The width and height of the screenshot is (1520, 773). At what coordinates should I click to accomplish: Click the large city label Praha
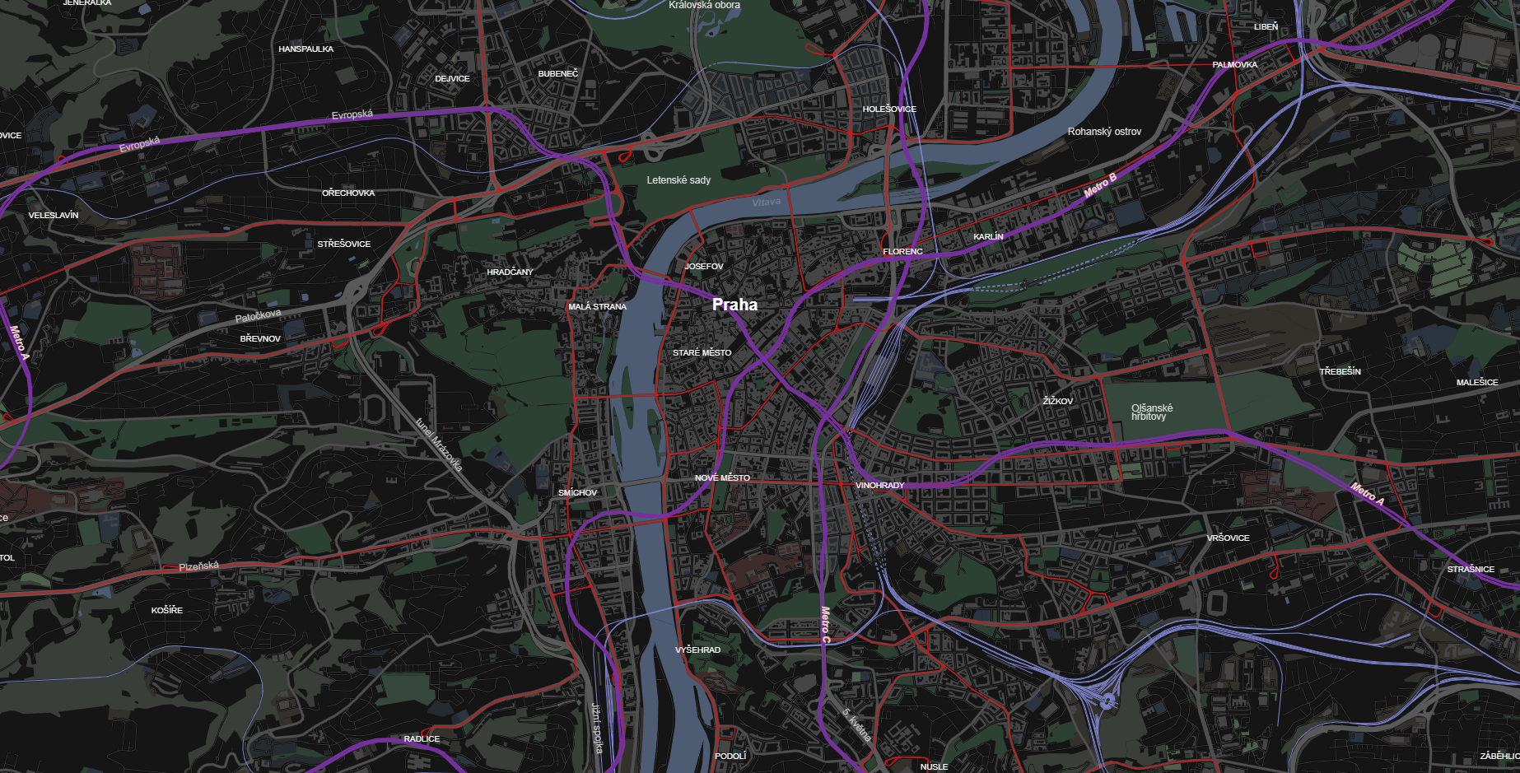pos(734,305)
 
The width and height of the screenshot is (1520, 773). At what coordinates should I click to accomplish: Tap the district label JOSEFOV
pos(704,267)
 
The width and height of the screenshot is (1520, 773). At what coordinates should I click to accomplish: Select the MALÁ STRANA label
pos(597,307)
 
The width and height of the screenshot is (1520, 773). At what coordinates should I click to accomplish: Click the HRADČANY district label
pos(510,272)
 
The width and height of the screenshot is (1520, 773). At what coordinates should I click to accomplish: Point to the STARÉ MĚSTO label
pos(702,353)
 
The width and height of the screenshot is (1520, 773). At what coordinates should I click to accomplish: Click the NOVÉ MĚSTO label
pos(722,478)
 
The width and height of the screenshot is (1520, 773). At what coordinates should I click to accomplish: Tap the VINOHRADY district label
pos(879,486)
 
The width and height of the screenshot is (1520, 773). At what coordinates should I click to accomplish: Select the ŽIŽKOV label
pos(1057,402)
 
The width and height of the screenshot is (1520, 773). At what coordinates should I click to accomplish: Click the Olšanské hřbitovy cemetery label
pos(1151,412)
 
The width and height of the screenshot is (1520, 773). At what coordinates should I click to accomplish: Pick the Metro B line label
pos(1100,185)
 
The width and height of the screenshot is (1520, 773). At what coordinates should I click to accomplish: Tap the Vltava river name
pos(766,203)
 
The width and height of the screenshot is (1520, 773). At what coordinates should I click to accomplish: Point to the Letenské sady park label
pos(678,180)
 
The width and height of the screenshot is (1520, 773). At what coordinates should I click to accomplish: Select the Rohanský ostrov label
pos(1104,132)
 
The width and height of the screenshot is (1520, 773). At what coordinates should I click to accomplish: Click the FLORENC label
pos(902,252)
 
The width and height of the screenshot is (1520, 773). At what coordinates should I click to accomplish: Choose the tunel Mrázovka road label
pos(438,445)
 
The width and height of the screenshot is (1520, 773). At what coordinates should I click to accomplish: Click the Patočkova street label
pos(258,316)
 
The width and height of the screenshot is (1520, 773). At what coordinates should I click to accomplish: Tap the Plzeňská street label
pos(199,566)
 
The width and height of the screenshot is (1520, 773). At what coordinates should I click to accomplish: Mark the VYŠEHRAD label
pos(697,650)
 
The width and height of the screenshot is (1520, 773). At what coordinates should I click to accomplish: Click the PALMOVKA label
pos(1234,65)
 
